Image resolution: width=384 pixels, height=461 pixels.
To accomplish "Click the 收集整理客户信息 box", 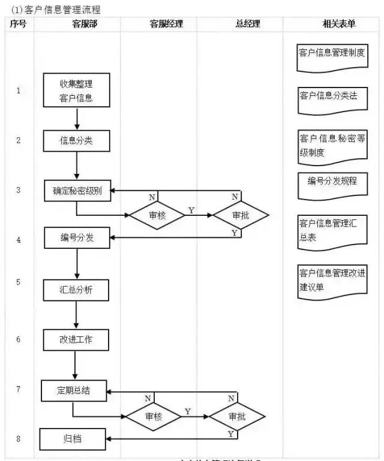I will point(77,91).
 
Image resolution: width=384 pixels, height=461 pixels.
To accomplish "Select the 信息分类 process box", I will point(77,141).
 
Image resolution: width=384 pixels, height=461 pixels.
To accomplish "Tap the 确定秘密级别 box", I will point(77,191).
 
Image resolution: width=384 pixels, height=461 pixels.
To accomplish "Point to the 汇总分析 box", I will point(76,290).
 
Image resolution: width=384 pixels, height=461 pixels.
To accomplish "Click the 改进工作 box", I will point(76,339).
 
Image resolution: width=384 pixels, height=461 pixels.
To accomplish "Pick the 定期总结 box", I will point(74,391).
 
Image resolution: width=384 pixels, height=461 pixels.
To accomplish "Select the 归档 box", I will point(73,439).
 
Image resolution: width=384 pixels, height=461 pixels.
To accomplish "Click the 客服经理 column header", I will point(166,25).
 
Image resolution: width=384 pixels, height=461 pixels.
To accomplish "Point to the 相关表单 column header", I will point(339,25).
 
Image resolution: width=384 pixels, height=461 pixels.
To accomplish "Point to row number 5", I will point(18,281).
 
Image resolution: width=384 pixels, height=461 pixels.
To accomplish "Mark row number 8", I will point(18,439).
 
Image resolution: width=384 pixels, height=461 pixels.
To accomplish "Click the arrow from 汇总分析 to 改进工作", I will point(76,314).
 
